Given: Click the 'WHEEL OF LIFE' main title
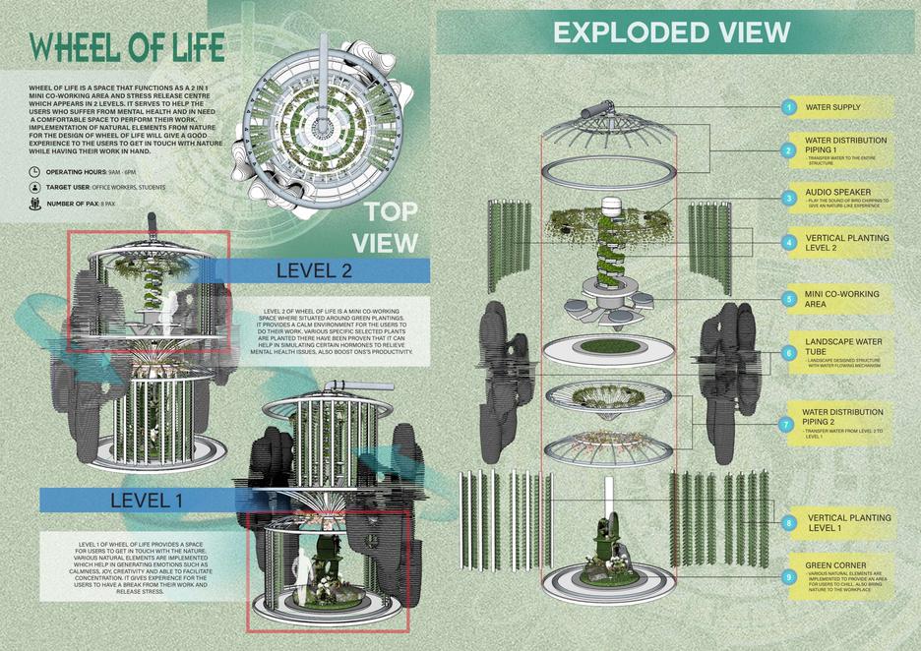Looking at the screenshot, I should tap(128, 46).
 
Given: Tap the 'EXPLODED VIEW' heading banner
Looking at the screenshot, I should tap(671, 32).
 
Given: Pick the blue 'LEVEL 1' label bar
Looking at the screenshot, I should tap(147, 500).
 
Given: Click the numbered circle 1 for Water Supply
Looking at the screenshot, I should tap(788, 107).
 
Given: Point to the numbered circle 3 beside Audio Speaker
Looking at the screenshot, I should tap(788, 198).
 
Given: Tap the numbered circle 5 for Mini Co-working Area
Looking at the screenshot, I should tap(788, 298).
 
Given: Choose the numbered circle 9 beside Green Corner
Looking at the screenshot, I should tap(788, 578).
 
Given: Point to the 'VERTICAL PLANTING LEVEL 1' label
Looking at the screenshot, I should tap(848, 522).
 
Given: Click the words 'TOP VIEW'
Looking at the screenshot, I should tap(392, 226).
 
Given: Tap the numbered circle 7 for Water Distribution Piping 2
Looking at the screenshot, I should tap(788, 425).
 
